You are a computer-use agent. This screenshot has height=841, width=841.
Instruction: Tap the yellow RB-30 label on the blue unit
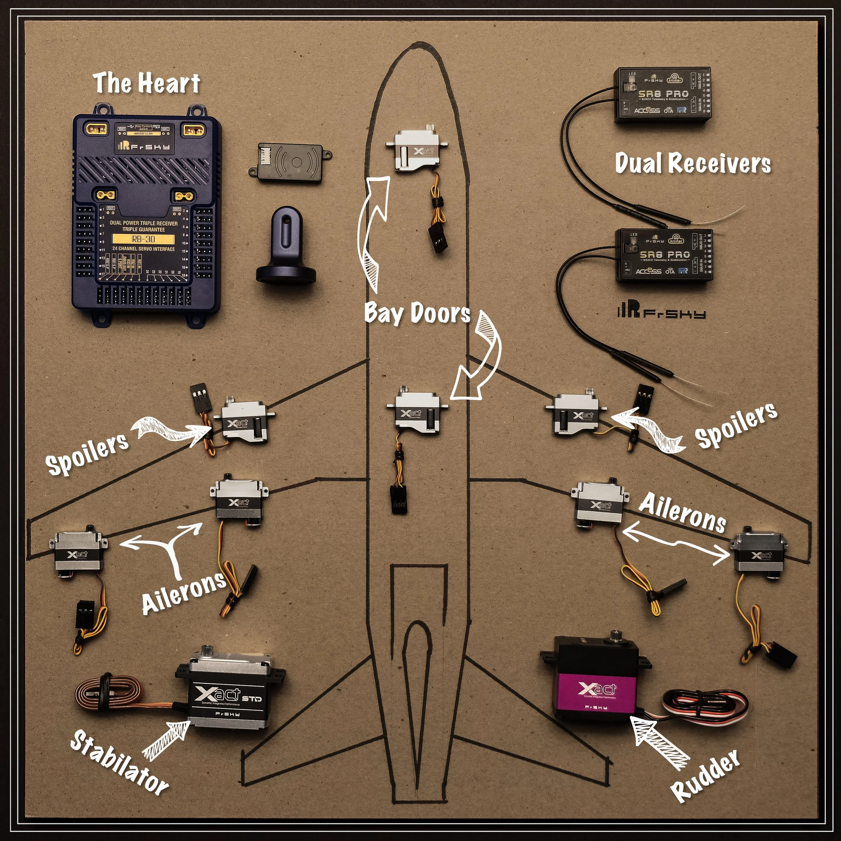(143, 239)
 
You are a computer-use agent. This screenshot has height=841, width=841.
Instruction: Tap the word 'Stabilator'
(119, 761)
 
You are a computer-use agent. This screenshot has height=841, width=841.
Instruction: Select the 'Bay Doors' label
(417, 313)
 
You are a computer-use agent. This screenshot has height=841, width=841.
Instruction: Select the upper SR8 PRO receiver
(662, 95)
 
